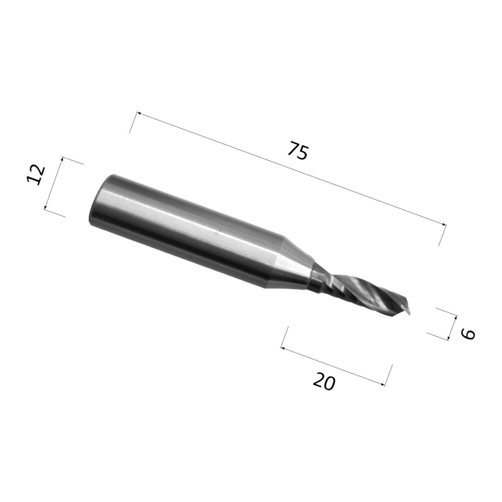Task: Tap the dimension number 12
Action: point(36,175)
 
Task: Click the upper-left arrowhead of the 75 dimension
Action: point(139,113)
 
